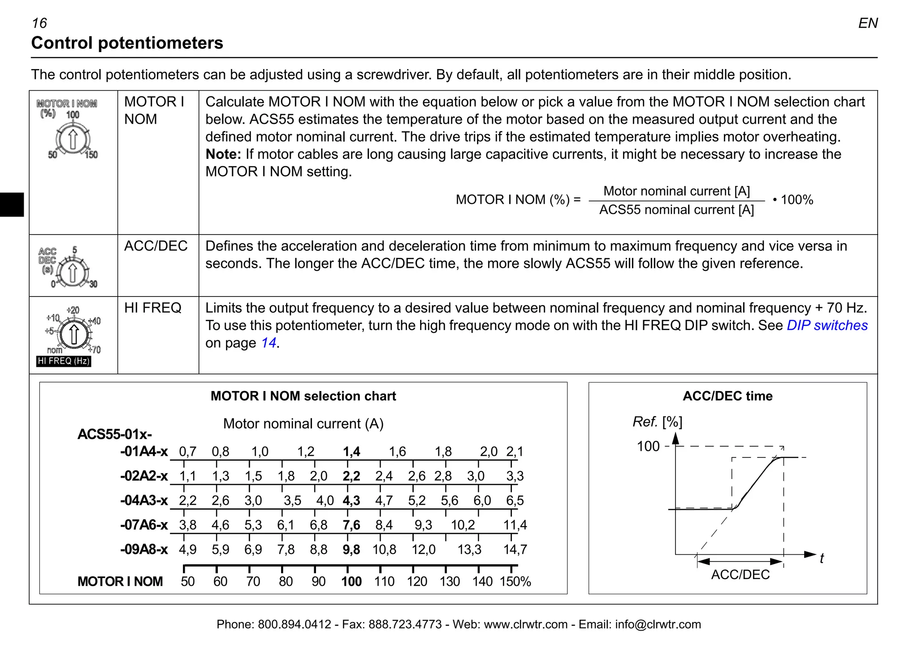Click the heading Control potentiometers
127,43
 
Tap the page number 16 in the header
39,23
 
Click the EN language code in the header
867,23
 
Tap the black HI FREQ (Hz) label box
64,361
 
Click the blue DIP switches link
827,325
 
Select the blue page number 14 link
268,343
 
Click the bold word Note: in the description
223,154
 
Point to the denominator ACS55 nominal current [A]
676,210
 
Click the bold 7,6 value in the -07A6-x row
351,525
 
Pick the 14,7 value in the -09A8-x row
515,549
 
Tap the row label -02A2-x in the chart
144,476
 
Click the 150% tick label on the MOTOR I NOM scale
515,582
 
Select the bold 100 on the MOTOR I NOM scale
351,582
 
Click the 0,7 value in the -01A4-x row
187,452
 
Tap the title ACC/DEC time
727,396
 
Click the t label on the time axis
822,558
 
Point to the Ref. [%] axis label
657,422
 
